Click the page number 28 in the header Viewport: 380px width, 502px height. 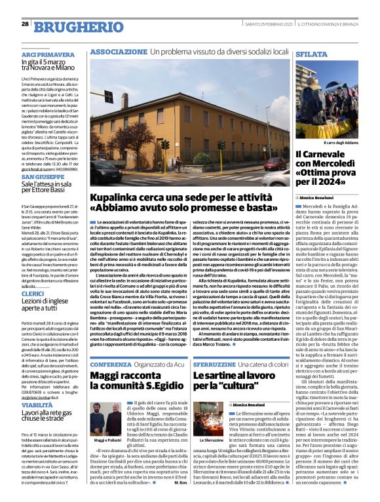click(x=25, y=24)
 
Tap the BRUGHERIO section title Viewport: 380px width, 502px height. click(x=73, y=26)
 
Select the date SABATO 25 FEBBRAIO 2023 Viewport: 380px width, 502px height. click(x=266, y=24)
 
